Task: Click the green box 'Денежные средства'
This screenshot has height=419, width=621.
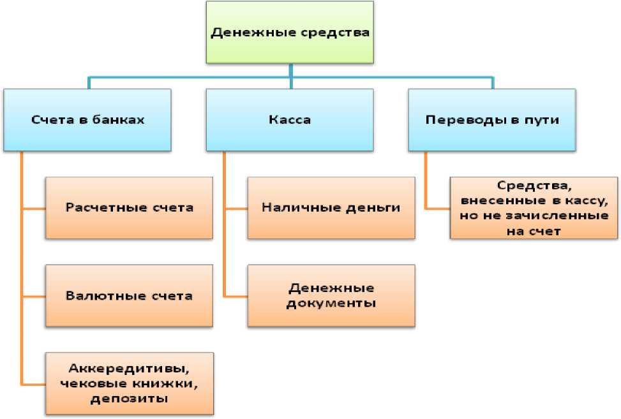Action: click(x=290, y=32)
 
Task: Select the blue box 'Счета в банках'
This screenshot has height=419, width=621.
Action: click(x=87, y=120)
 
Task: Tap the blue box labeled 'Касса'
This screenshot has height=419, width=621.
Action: click(x=290, y=120)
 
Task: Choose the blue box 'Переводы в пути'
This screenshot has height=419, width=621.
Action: click(x=492, y=120)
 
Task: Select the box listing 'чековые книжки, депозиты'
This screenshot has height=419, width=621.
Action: click(x=130, y=383)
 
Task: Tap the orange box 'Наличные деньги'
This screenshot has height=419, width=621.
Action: click(x=331, y=207)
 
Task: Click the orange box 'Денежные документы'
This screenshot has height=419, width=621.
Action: click(x=331, y=295)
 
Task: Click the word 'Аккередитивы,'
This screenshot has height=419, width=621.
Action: click(x=129, y=368)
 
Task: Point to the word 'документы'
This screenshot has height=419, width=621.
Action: click(x=331, y=303)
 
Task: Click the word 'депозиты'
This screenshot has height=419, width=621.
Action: click(x=129, y=399)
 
